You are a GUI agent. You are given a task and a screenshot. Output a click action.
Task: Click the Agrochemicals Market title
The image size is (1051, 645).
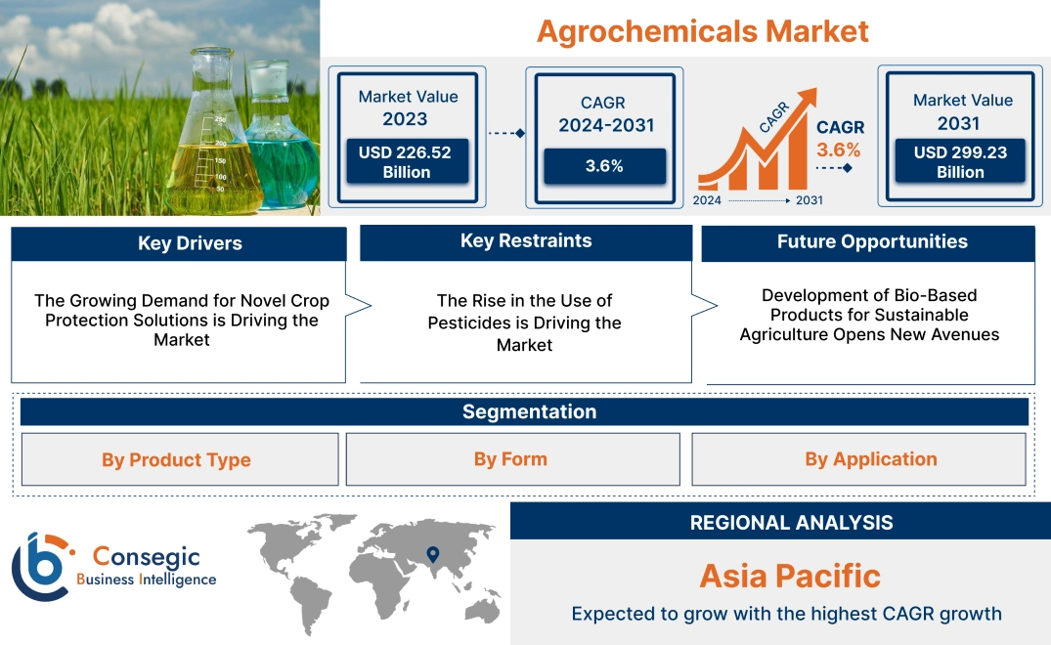[x=702, y=30]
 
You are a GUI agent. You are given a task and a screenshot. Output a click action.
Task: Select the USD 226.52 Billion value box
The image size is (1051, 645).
[x=407, y=162]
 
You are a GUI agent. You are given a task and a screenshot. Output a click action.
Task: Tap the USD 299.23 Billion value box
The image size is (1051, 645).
[x=961, y=162]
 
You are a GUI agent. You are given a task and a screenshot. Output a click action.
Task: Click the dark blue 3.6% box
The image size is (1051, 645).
[x=604, y=166]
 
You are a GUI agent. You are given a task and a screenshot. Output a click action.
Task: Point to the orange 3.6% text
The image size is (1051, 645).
[x=839, y=150]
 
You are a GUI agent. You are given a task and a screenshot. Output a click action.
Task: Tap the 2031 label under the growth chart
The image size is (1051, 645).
[x=809, y=200]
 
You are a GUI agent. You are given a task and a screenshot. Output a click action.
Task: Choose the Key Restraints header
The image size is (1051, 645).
[x=526, y=241]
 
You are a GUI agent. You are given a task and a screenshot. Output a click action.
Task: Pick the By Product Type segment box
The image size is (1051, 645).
[x=176, y=459]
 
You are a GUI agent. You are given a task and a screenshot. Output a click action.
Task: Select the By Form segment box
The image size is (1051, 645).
[x=510, y=459]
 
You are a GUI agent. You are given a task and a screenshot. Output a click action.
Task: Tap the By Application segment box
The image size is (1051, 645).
[x=870, y=459]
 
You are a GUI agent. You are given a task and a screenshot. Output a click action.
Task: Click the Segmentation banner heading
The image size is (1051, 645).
[x=529, y=411]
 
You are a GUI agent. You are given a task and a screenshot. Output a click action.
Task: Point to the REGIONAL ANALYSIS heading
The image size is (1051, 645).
[x=791, y=523]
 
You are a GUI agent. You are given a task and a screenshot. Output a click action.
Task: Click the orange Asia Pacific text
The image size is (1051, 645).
[x=790, y=575]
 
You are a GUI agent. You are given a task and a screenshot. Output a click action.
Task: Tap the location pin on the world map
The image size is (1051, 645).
[x=432, y=556]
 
